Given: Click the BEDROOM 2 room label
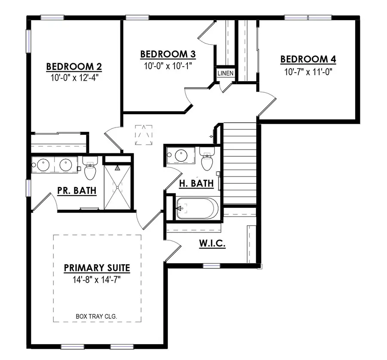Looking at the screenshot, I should point(74,67).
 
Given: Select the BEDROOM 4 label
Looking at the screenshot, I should point(308,59).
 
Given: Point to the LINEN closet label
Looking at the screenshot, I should point(225,73).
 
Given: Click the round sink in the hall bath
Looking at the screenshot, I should point(178,156).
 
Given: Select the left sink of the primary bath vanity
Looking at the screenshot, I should point(43,164).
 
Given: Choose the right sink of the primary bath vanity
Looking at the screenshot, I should point(66,164).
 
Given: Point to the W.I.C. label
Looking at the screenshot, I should point(212,244).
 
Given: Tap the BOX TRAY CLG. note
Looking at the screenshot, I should point(97,317).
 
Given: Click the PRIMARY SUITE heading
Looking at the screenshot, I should point(97,268).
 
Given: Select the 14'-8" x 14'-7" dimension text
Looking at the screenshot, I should point(97,280).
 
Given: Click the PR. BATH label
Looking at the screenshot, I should point(77,190).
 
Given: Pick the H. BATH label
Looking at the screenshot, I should point(196,183).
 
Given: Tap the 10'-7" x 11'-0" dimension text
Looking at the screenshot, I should point(308,71).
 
